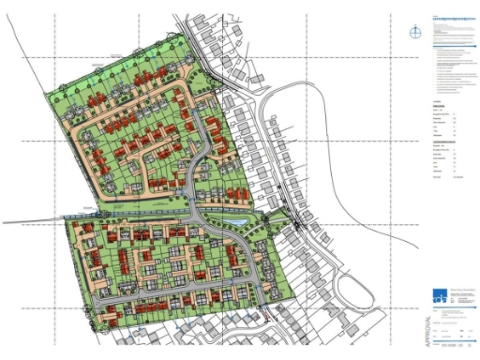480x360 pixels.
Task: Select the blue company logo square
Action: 441,298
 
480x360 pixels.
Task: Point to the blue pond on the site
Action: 238,221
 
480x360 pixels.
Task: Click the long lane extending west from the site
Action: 33,222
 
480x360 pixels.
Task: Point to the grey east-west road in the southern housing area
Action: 178,291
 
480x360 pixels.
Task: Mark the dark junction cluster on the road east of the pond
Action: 296,223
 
